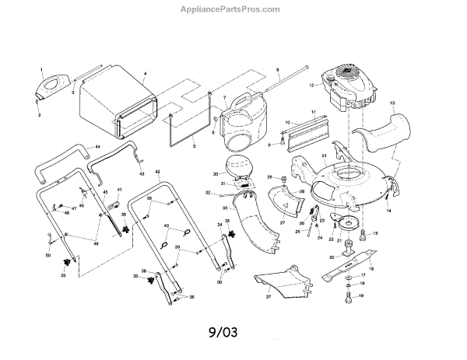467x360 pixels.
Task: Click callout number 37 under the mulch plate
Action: click(x=269, y=296)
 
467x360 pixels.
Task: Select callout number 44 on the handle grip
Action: click(x=97, y=146)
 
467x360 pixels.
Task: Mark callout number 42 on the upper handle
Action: click(x=158, y=171)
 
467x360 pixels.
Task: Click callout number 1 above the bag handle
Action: click(x=41, y=70)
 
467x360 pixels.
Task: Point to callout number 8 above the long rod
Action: click(x=276, y=71)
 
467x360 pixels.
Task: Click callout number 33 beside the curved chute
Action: click(x=223, y=208)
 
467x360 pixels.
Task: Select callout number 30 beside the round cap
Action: click(x=216, y=174)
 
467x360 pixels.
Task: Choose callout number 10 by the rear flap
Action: click(x=287, y=123)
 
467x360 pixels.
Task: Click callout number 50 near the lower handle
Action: click(x=47, y=255)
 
